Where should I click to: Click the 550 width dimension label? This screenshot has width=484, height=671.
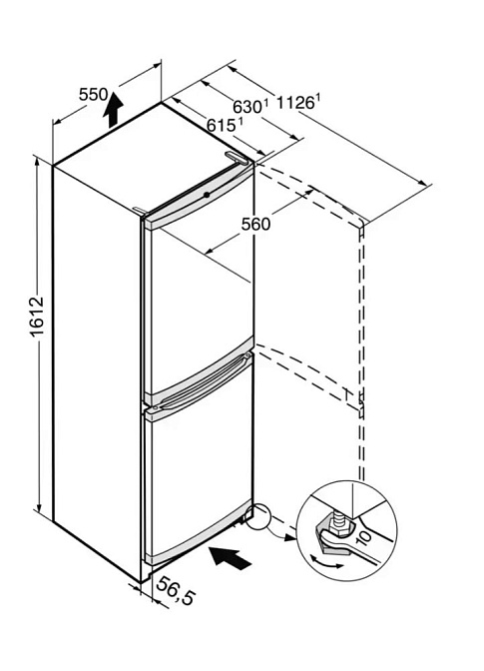click(x=94, y=94)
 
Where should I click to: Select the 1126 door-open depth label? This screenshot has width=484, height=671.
click(x=297, y=102)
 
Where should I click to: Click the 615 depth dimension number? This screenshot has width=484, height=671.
click(x=225, y=125)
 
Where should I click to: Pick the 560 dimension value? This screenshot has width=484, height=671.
click(x=255, y=224)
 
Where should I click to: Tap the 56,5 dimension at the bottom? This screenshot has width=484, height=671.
click(x=175, y=590)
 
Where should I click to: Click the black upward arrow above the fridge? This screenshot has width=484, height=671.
click(x=113, y=109)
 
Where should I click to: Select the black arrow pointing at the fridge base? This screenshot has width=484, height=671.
click(x=230, y=557)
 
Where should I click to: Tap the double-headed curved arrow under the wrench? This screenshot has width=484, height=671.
click(x=326, y=562)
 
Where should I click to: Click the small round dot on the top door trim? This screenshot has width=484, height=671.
click(x=207, y=195)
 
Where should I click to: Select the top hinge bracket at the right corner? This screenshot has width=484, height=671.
click(x=238, y=157)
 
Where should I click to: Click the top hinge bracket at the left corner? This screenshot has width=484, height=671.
click(x=140, y=211)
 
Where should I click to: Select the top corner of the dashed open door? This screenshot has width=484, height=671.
click(x=362, y=223)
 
